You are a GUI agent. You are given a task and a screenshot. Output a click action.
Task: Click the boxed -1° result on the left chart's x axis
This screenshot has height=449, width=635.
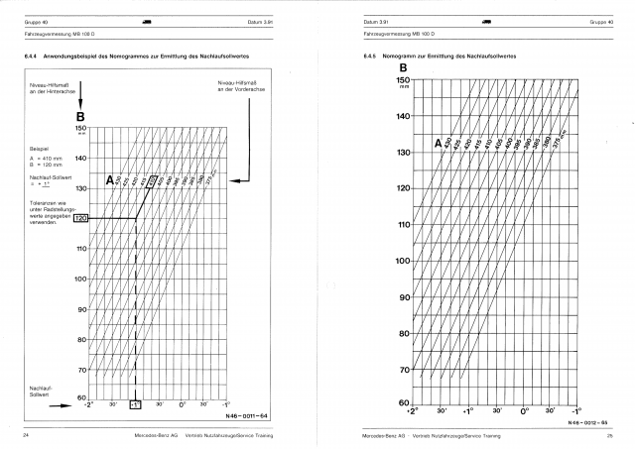(x=136, y=405)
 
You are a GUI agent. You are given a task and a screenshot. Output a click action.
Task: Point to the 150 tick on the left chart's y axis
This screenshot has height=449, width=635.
(x=81, y=128)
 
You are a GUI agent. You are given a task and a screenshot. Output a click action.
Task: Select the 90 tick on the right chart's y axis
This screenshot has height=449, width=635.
(x=376, y=297)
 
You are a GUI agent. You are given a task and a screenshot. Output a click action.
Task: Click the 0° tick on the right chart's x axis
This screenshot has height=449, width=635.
(x=525, y=409)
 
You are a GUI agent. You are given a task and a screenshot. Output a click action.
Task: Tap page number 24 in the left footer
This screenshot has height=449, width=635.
(x=25, y=436)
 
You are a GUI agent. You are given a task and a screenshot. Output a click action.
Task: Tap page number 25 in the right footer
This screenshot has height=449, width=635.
(x=610, y=436)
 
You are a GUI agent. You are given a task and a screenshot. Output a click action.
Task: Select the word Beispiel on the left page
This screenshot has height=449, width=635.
(x=40, y=150)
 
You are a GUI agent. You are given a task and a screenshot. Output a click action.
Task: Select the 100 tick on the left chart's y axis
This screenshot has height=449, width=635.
(x=81, y=279)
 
